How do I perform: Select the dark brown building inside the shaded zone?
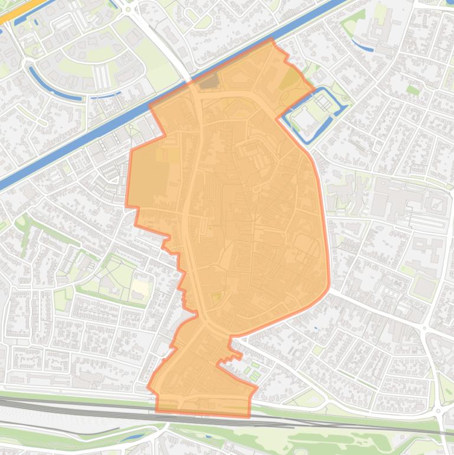pos(207,82)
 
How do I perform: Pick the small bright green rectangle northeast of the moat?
pos(413,90)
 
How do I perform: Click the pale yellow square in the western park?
pos(140,288)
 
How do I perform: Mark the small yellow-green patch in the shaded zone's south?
pos(217,297)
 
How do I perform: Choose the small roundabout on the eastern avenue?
pos(424,327)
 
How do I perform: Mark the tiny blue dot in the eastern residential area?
pos(316,327)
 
